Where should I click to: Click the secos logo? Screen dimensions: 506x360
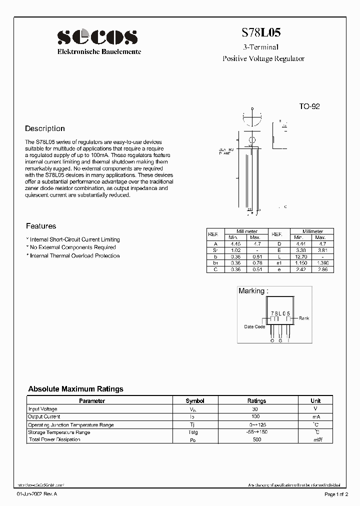coord(97,36)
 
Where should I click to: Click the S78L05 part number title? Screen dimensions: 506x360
coord(261,33)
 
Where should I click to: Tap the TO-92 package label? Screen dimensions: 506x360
coord(309,106)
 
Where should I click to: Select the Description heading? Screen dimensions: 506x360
coord(45,128)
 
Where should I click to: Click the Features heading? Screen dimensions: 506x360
coord(41,226)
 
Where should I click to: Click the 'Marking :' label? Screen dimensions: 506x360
coord(253,291)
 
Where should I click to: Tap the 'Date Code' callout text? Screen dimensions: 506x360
coord(254,327)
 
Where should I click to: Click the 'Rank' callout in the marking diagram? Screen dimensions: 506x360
coord(304,318)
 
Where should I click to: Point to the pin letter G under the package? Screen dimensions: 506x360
coord(281,340)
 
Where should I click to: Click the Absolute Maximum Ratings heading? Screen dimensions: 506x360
coord(75,388)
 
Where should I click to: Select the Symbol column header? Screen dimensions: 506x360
coord(195,401)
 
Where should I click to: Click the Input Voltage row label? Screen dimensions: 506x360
coord(43,409)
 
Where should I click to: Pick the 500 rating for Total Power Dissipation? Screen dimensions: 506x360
coord(256,440)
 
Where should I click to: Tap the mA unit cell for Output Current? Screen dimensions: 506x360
coord(316,416)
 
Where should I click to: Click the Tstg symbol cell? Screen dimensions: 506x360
coord(192,432)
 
